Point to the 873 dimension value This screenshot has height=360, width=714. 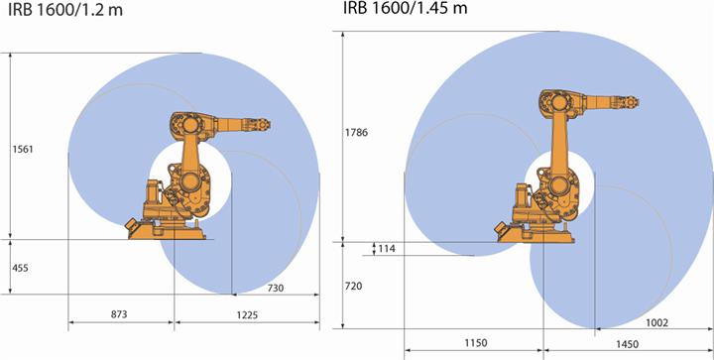pyautogui.click(x=120, y=314)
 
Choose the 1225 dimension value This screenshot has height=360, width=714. pyautogui.click(x=246, y=314)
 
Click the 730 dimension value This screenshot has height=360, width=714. pyautogui.click(x=276, y=287)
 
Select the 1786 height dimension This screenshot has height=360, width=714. pyautogui.click(x=357, y=131)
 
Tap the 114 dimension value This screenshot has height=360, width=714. pyautogui.click(x=385, y=248)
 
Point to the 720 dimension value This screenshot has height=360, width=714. pyautogui.click(x=354, y=285)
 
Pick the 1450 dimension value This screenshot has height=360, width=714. pyautogui.click(x=626, y=343)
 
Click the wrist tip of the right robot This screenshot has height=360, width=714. pyautogui.click(x=640, y=100)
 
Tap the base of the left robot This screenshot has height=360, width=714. pyautogui.click(x=169, y=229)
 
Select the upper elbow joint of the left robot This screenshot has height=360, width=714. pyautogui.click(x=184, y=126)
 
